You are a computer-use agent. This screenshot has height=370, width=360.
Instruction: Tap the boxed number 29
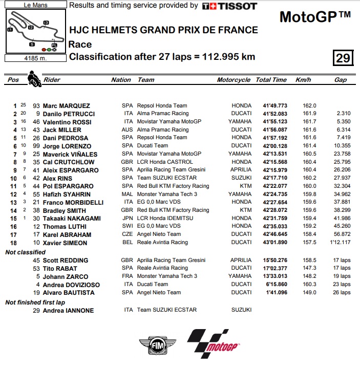(343, 58)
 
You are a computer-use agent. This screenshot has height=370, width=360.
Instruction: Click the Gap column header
(340, 80)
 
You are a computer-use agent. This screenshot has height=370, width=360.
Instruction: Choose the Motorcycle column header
(234, 80)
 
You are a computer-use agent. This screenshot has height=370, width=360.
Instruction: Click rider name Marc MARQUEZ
(66, 105)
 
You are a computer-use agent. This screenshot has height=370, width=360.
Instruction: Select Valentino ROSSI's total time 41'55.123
(275, 122)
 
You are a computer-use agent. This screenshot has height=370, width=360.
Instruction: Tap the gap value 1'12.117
(340, 243)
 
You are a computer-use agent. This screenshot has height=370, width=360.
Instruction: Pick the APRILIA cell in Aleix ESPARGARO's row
(241, 170)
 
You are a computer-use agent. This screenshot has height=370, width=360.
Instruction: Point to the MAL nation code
(127, 194)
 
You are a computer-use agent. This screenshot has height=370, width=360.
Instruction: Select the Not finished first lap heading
(35, 302)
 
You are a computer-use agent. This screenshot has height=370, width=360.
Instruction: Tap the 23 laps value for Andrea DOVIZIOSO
(342, 285)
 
